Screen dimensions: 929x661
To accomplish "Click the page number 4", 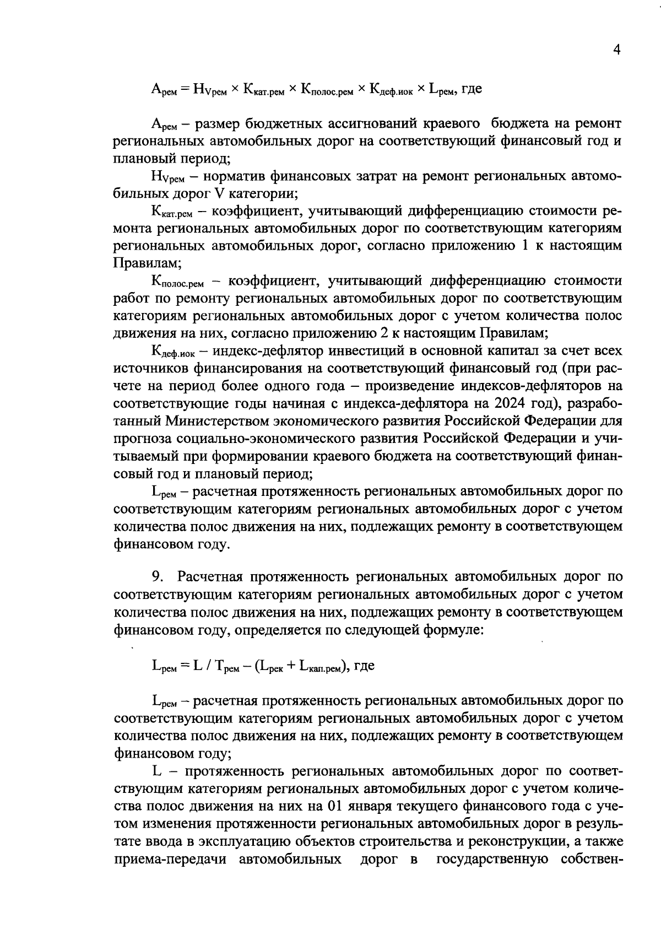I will [x=617, y=50].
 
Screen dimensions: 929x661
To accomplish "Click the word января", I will [x=378, y=806].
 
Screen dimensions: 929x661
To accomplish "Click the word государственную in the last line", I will [x=487, y=859].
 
